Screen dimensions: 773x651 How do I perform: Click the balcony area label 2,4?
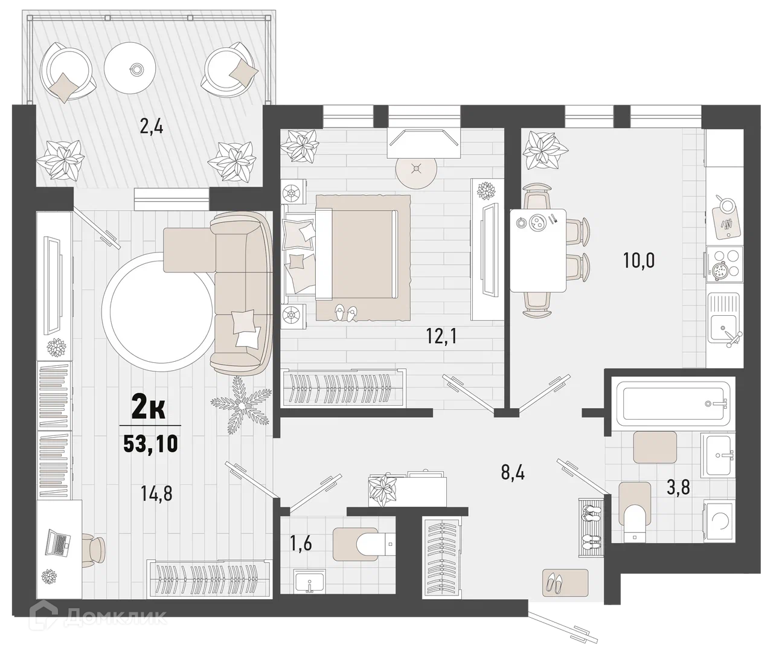click(152, 127)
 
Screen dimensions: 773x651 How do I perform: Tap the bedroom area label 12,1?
click(441, 336)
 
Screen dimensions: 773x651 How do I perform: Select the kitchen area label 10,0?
click(639, 261)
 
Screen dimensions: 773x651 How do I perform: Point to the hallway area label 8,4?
click(513, 473)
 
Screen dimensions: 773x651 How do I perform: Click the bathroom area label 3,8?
click(678, 487)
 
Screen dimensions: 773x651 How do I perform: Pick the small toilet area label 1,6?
click(301, 544)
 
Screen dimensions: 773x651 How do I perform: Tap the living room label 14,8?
click(156, 493)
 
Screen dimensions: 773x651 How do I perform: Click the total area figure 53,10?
click(151, 444)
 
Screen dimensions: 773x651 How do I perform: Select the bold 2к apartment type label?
click(149, 409)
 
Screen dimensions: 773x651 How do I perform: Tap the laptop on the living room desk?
click(57, 543)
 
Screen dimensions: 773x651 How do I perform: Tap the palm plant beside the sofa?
click(241, 406)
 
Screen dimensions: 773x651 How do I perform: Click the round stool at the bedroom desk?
click(417, 169)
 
